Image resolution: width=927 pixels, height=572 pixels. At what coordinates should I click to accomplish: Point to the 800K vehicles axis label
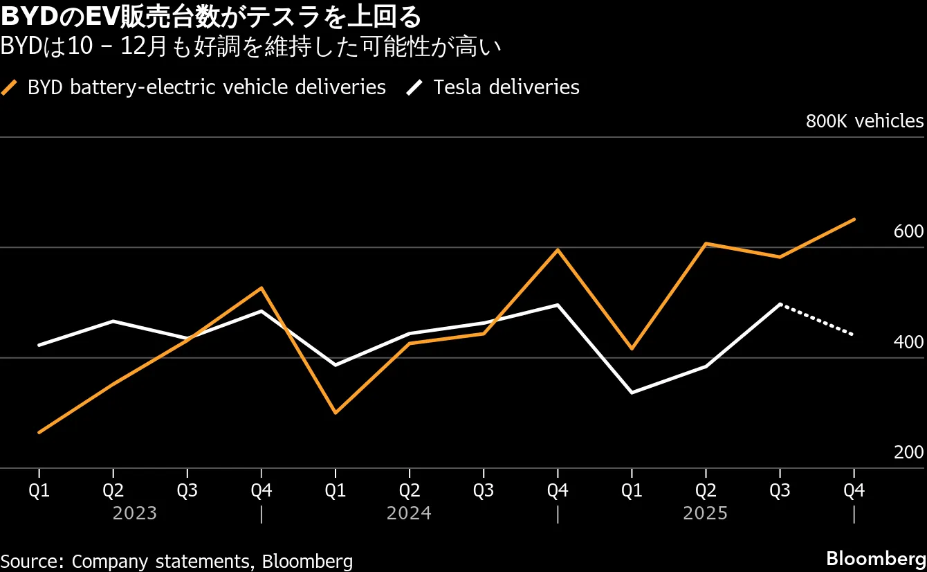[x=864, y=121]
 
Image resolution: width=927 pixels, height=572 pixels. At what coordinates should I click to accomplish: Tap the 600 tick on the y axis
[x=908, y=232]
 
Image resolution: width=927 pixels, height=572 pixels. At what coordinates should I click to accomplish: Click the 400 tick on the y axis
[x=908, y=342]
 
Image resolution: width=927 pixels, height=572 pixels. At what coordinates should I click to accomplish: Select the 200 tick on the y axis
[x=908, y=452]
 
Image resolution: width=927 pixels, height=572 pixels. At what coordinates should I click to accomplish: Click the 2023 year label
[x=135, y=513]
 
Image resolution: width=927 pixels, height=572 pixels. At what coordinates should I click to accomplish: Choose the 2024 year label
[x=409, y=513]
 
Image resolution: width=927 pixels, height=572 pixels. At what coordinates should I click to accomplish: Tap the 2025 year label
[x=705, y=513]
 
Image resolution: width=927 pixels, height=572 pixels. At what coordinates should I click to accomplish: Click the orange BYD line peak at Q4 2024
[x=558, y=249]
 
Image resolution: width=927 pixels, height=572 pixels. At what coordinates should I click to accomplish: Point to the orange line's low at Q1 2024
[x=336, y=413]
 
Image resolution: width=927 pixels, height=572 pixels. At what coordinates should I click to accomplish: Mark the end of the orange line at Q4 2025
[x=854, y=220]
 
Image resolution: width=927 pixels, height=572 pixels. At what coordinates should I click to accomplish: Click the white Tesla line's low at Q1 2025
[x=632, y=393]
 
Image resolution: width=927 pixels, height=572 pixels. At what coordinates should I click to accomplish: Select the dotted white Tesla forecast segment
[x=817, y=319]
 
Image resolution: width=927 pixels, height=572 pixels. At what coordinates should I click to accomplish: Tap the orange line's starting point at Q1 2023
[x=39, y=432]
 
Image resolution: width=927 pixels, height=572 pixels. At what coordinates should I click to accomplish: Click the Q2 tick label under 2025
[x=706, y=490]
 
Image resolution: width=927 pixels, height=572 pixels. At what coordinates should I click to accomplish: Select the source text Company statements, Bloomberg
[x=176, y=561]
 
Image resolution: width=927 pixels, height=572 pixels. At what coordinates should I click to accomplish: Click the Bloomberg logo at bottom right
[x=875, y=559]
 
